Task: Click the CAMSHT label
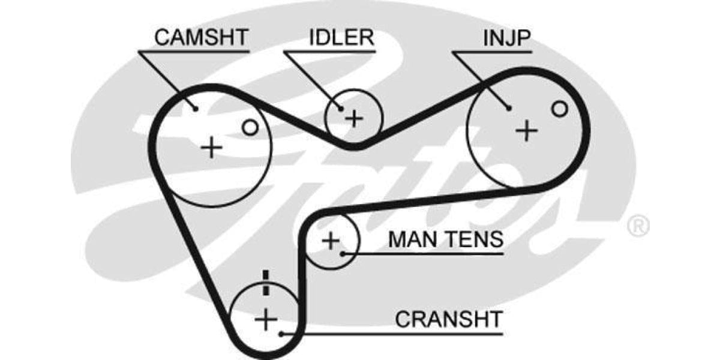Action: coord(201,37)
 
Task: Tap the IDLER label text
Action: coord(341,37)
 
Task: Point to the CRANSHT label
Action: coord(448,319)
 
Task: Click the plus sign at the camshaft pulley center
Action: coord(211,147)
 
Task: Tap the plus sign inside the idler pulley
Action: coord(354,118)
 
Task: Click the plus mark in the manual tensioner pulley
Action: coord(330,241)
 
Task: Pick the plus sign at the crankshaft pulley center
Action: coord(264,319)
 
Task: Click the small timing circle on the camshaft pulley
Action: coord(250,127)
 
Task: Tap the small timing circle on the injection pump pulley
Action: coord(559,109)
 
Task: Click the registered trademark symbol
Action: coord(638,226)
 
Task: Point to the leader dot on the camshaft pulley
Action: coord(196,109)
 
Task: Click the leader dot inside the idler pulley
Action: coord(340,109)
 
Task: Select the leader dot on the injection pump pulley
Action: coord(509,109)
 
